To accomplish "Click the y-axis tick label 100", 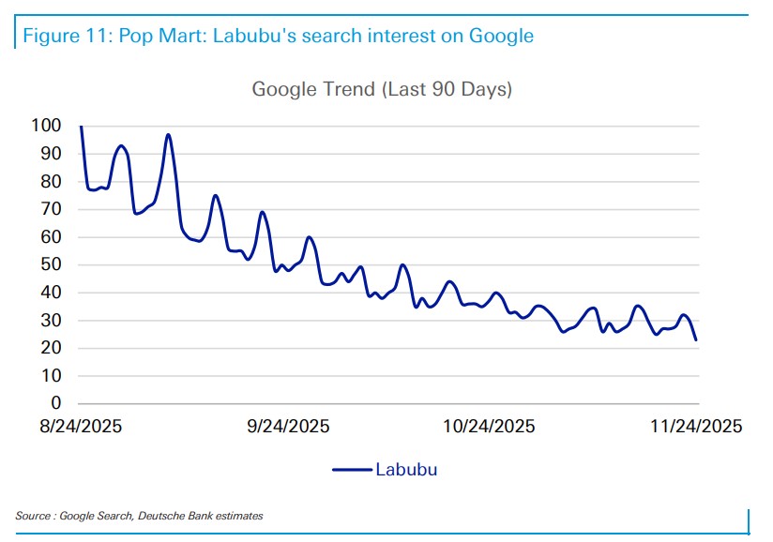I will pyautogui.click(x=46, y=126).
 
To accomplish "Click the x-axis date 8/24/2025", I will pyautogui.click(x=81, y=427).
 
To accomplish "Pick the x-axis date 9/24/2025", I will pyautogui.click(x=288, y=427).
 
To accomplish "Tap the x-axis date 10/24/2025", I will pyautogui.click(x=489, y=427).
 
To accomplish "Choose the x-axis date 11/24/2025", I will pyautogui.click(x=695, y=427).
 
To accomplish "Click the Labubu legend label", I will pyautogui.click(x=406, y=470).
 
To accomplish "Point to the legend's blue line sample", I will pyautogui.click(x=352, y=470).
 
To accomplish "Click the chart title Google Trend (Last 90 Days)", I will pyautogui.click(x=382, y=90).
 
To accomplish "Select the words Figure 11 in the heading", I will pyautogui.click(x=63, y=37).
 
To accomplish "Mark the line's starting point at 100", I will pyautogui.click(x=82, y=126).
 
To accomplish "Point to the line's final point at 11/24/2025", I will pyautogui.click(x=696, y=339).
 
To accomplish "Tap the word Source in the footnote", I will pyautogui.click(x=33, y=516).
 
